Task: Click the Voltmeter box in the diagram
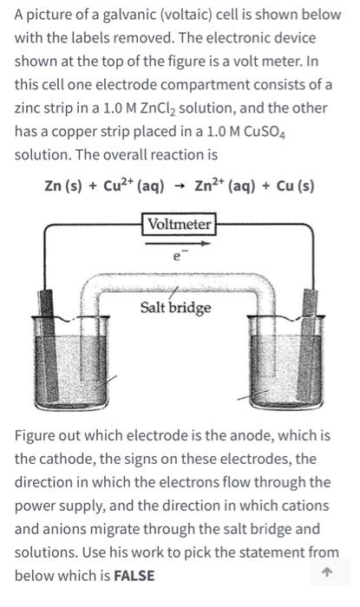[x=179, y=225]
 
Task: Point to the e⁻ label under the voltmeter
[x=178, y=258]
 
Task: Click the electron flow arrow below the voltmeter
[x=179, y=244]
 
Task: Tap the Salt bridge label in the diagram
[x=176, y=308]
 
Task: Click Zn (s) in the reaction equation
[x=66, y=186]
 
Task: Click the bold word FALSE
[x=136, y=575]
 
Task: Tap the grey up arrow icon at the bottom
[x=326, y=573]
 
